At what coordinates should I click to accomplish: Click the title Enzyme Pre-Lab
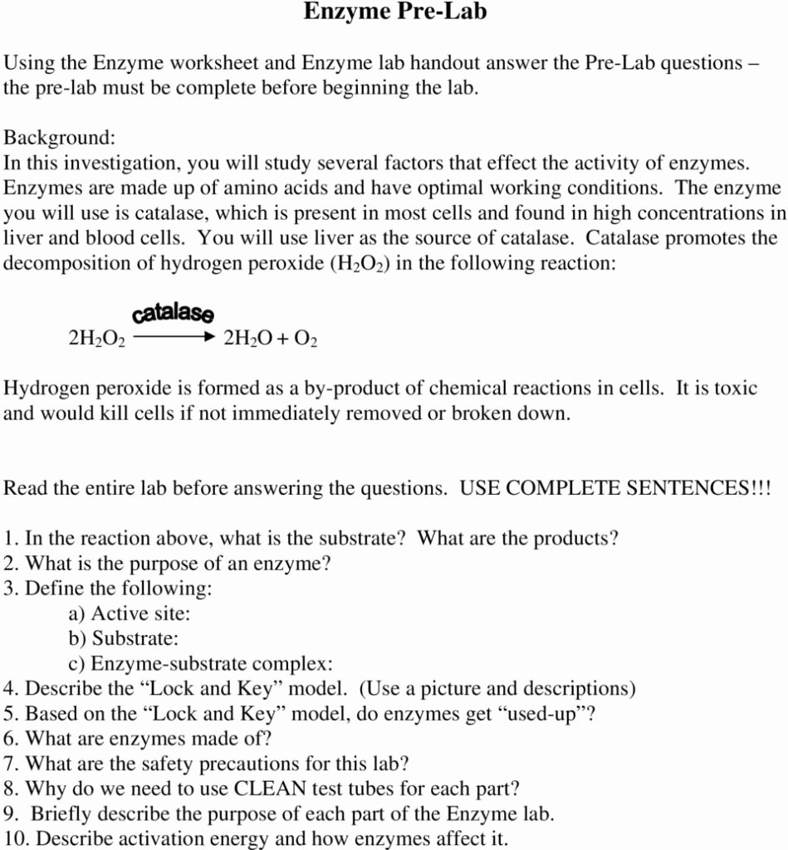coord(394,12)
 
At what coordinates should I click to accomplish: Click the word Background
coord(57,137)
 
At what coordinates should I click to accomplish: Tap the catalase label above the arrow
coord(173,313)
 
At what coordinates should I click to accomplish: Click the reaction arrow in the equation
coord(174,338)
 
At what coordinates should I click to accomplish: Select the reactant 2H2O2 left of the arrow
coord(96,340)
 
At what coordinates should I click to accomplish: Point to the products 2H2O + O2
coord(271,340)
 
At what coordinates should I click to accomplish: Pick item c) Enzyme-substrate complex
coord(200,664)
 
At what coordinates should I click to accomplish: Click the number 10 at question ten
coord(15,838)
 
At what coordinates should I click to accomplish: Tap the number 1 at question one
coord(8,538)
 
